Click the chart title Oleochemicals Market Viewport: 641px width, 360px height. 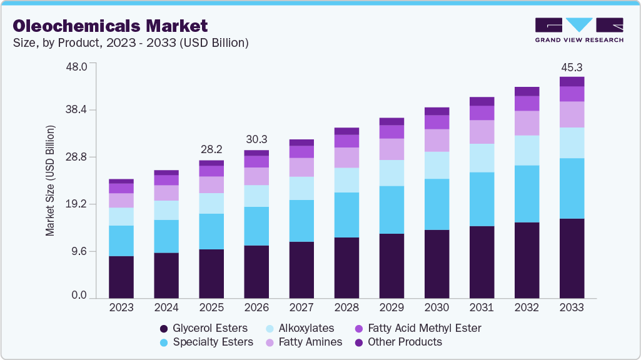[110, 26]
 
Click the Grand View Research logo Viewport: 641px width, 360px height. [579, 30]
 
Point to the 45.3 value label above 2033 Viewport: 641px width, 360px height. [572, 67]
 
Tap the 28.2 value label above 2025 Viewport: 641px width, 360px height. [211, 149]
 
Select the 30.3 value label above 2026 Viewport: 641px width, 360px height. [256, 139]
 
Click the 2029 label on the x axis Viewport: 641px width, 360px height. [391, 307]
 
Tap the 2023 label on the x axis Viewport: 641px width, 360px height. [121, 307]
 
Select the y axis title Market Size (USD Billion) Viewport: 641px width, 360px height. [50, 181]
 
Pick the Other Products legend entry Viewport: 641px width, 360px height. [398, 342]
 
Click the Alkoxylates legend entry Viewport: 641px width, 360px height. [300, 328]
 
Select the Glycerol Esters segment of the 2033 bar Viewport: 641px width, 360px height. [572, 258]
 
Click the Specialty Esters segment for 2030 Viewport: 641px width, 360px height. [437, 204]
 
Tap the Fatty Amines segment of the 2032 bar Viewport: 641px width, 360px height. [527, 123]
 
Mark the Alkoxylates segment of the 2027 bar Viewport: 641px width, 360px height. [301, 188]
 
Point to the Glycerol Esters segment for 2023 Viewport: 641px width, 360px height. [121, 277]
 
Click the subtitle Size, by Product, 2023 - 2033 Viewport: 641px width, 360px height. [131, 43]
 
